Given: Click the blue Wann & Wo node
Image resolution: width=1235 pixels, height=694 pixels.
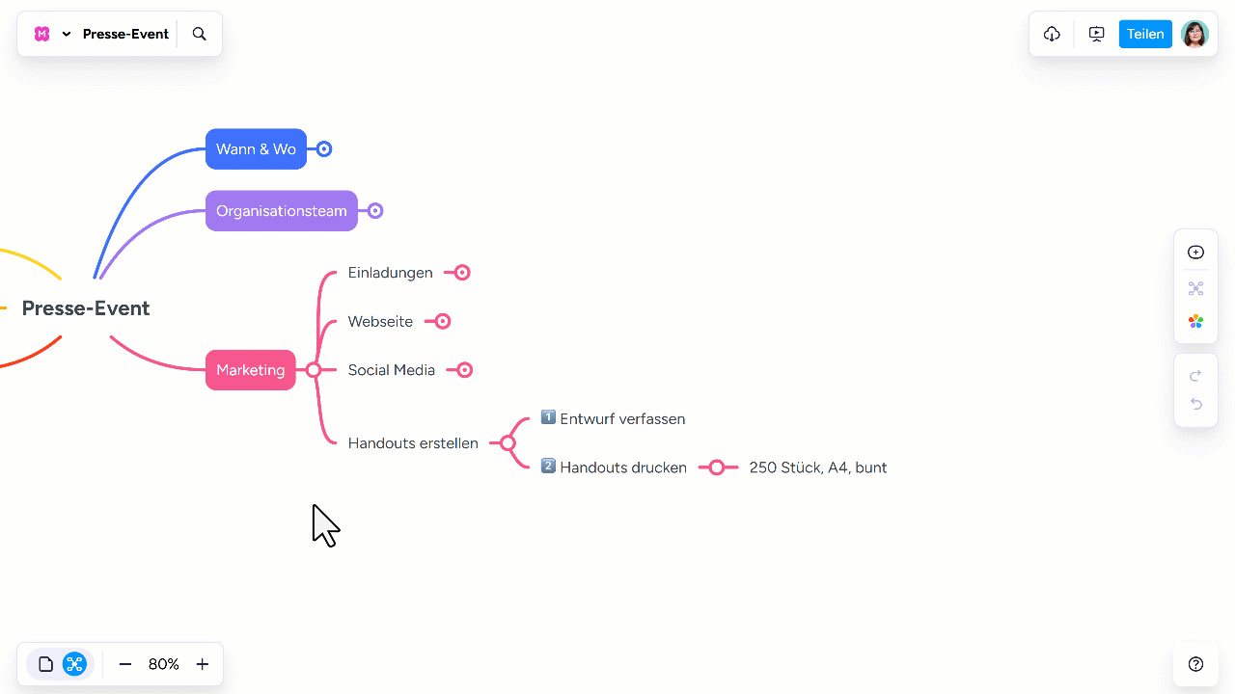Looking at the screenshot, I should (256, 149).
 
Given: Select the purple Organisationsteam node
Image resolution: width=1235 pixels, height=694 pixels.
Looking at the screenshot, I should (281, 211).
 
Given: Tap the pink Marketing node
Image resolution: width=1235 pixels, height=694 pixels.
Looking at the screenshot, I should (250, 370).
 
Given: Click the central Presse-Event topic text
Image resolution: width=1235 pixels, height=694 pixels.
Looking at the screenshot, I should (86, 308).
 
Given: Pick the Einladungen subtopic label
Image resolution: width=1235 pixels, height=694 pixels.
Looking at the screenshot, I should (390, 273).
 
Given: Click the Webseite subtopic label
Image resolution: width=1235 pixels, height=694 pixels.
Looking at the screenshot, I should (380, 322).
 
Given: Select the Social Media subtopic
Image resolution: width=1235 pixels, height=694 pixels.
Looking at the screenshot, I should (391, 370).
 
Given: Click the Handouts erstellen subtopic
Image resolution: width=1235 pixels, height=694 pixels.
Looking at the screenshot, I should (413, 443).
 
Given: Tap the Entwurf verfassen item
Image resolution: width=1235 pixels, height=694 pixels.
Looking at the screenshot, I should (621, 419).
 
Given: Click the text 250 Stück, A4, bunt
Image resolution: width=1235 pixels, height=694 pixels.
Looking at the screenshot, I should (817, 467).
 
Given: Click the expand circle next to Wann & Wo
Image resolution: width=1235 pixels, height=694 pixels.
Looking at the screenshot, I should (324, 149).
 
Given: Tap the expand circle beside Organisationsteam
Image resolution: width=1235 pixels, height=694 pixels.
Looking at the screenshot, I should (375, 211).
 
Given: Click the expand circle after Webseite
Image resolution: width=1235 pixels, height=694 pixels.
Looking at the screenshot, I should (443, 322).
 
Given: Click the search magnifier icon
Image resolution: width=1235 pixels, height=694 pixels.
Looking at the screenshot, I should (200, 34).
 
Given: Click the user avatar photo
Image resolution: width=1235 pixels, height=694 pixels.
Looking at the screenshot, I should (1194, 34).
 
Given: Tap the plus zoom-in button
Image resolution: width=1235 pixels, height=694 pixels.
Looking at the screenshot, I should (203, 664).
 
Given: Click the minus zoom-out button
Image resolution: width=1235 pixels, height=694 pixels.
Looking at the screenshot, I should (125, 664).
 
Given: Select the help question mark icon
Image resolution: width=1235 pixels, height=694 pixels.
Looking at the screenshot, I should (1195, 664).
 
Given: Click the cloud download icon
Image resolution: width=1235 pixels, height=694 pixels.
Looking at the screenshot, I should (1052, 34).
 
